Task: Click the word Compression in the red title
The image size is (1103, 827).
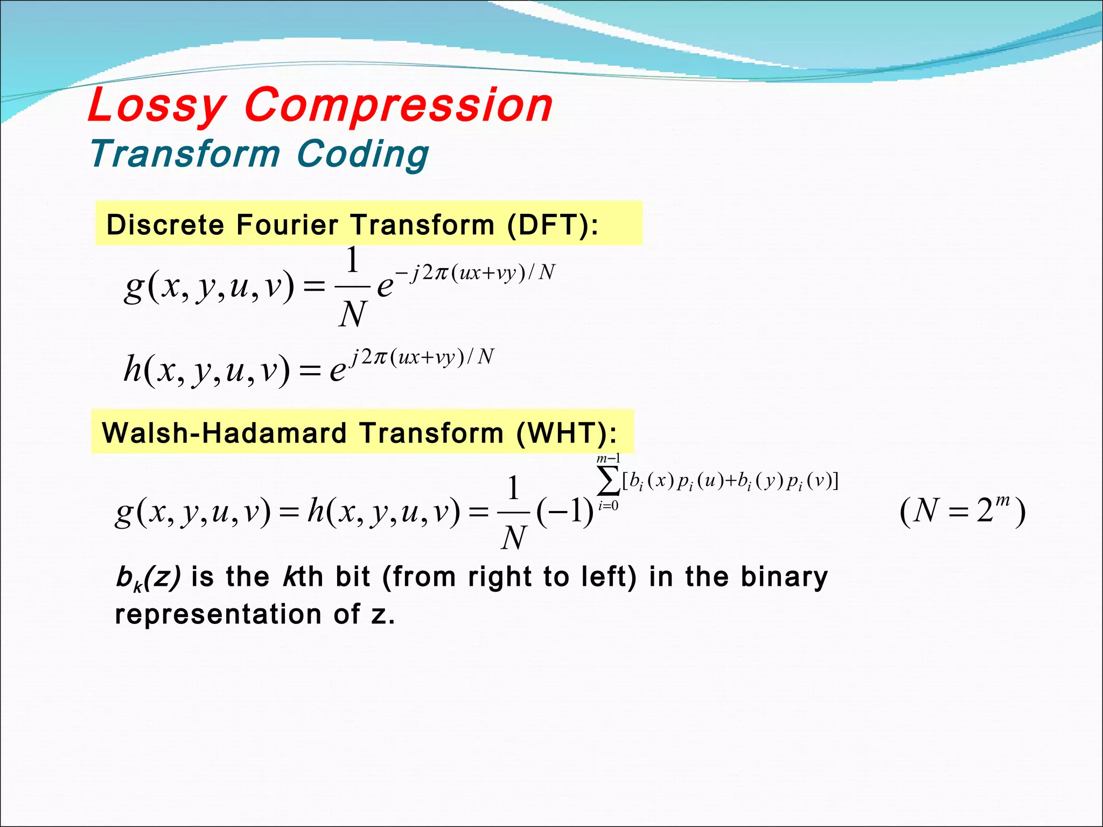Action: pos(399,106)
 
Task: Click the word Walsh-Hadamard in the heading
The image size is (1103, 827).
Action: pos(224,433)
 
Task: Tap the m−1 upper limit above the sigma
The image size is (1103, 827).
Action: pos(608,459)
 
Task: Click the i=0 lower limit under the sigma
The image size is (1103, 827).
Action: pos(608,506)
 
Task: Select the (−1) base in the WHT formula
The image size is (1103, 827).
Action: pos(565,510)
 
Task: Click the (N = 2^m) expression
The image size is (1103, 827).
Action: pos(962,510)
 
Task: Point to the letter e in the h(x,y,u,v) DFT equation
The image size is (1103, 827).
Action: pos(338,371)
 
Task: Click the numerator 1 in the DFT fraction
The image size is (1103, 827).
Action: pos(352,261)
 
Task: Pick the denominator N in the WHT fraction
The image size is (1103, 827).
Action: pos(513,537)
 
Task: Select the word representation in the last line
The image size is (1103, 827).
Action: pos(218,614)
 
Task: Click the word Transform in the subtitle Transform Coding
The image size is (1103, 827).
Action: pos(185,154)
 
